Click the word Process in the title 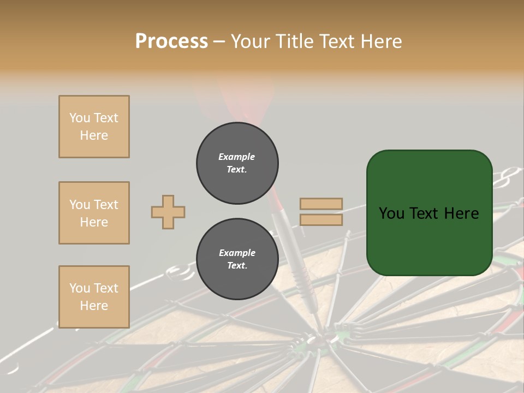pos(171,41)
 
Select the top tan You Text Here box pos(94,127)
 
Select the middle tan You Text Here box pos(94,213)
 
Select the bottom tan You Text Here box pos(94,297)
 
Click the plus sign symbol pos(168,212)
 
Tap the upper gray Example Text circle pos(237,163)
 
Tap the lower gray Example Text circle pos(237,259)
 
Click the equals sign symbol pos(321,212)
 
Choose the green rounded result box pos(429,213)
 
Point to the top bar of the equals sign pos(321,204)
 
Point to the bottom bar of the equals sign pos(321,219)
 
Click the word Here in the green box pos(461,213)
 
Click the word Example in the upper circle pos(237,157)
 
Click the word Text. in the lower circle pos(237,266)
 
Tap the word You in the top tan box pos(80,118)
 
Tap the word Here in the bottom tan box pos(94,306)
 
